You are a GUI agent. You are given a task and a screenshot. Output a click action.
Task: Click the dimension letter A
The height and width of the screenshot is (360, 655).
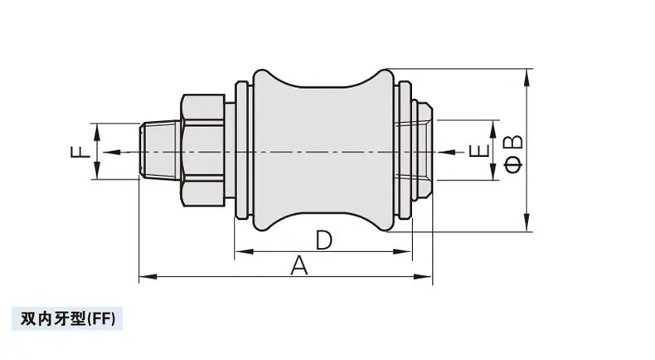coord(299,265)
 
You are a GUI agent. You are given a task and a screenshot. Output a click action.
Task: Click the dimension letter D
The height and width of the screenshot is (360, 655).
coord(323,240)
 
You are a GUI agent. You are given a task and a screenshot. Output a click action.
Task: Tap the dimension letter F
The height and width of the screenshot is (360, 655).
coord(80,151)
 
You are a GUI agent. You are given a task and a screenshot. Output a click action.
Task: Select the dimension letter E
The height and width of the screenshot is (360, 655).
coord(479,151)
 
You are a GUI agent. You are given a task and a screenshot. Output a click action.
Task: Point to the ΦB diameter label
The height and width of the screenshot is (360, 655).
coord(513,153)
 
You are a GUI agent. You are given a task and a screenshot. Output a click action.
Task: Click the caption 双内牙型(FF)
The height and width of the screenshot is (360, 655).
coord(68,319)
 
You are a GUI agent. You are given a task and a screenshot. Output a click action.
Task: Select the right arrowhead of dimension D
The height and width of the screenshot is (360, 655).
coord(403,251)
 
